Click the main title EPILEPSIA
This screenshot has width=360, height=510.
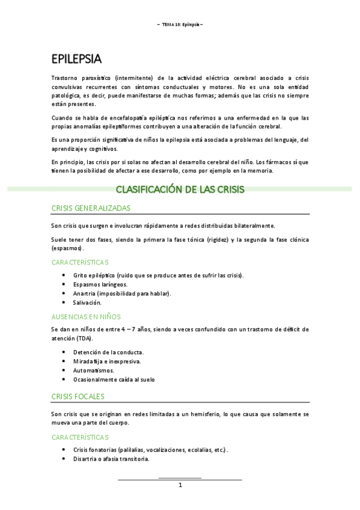[76, 59]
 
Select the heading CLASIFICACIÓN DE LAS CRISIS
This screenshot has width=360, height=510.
[180, 189]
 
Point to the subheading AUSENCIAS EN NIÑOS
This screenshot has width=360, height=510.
[86, 316]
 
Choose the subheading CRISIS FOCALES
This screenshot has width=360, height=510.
[78, 396]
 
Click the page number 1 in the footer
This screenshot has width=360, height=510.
[180, 485]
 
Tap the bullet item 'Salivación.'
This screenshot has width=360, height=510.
[87, 303]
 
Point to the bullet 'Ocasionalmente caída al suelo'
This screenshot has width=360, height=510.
[114, 380]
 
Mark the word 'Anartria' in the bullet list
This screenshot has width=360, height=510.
[84, 293]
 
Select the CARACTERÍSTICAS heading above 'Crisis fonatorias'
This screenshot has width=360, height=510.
[80, 437]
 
